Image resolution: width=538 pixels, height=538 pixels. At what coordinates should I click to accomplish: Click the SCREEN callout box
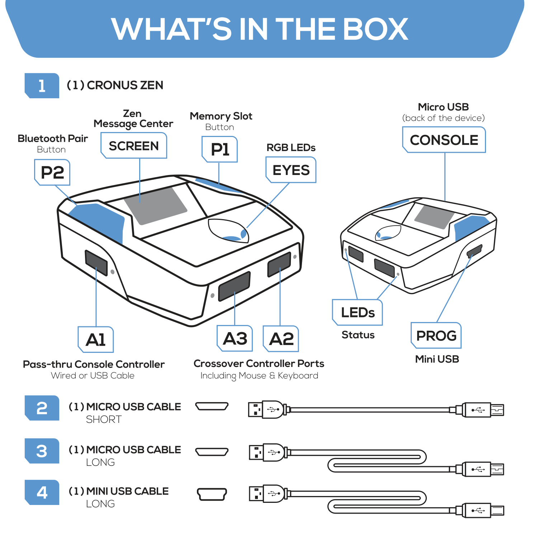(x=134, y=146)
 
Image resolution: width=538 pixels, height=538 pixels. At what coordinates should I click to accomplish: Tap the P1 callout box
(x=220, y=149)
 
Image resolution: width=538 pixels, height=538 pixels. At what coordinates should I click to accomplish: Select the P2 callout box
(x=52, y=173)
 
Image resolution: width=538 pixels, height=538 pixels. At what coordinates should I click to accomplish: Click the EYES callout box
(x=291, y=170)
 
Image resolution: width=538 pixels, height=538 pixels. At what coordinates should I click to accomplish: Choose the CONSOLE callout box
(x=444, y=140)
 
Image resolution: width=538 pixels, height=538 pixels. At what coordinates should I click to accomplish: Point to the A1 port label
(x=96, y=340)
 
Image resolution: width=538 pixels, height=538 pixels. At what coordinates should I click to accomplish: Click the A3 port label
(x=235, y=339)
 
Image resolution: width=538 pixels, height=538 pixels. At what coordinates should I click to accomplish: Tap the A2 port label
(x=281, y=339)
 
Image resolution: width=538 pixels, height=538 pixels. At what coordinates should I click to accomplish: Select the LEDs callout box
(x=358, y=312)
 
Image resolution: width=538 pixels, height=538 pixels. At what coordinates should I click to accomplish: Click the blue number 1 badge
(x=42, y=86)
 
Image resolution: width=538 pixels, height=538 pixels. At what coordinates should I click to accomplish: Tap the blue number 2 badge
(x=42, y=408)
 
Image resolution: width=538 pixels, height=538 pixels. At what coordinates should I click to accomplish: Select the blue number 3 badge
(x=42, y=451)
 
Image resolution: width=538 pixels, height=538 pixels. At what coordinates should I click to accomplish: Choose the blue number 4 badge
(x=42, y=492)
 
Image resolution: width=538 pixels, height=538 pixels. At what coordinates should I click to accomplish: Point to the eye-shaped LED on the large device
(x=229, y=231)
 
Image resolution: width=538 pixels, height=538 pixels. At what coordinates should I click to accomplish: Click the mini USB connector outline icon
(x=212, y=494)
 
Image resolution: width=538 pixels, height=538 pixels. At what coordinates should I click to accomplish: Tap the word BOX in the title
(x=376, y=29)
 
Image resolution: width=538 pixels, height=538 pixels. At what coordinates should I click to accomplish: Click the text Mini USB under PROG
(x=437, y=359)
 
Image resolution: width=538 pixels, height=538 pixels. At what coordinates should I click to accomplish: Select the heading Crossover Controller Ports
(x=259, y=364)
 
